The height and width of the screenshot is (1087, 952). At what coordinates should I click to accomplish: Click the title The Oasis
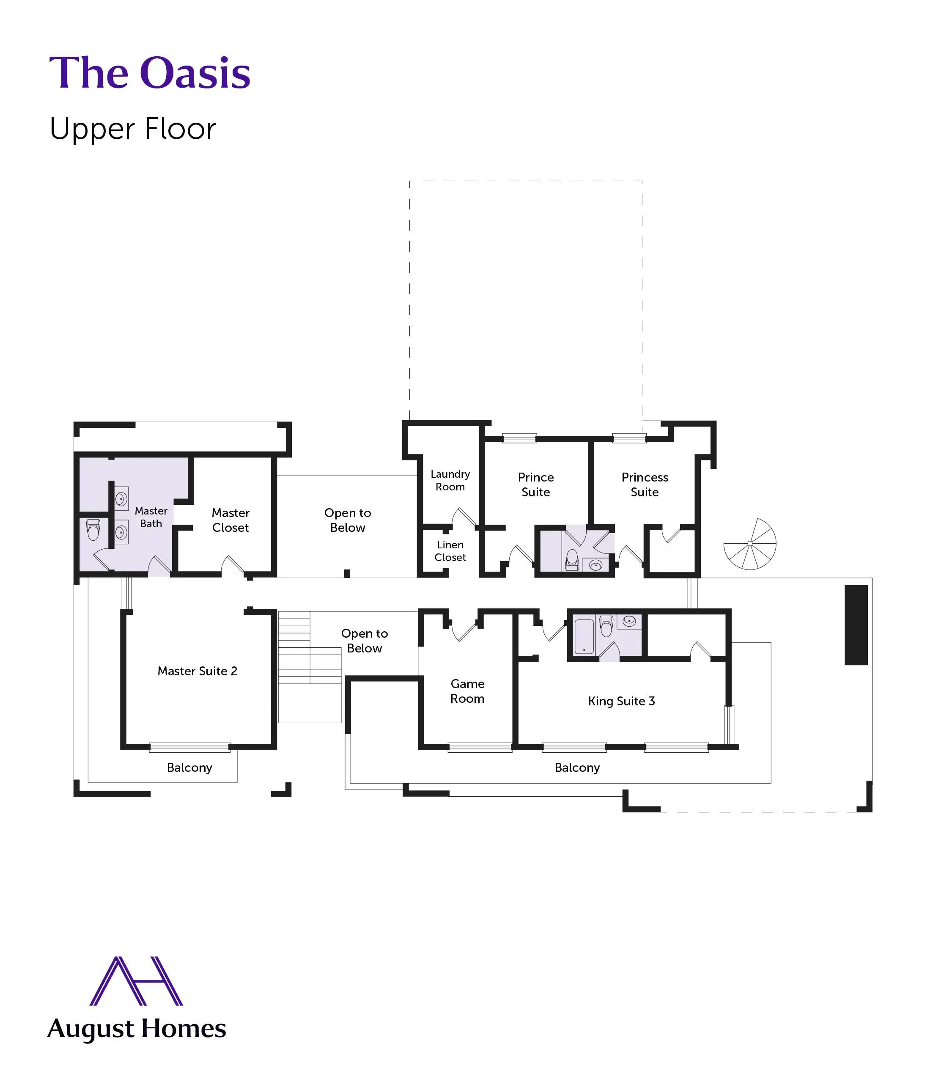click(x=149, y=73)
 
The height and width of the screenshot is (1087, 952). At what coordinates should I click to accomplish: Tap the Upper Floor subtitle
click(x=133, y=129)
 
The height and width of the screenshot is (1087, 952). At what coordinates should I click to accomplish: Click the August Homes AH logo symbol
click(x=137, y=981)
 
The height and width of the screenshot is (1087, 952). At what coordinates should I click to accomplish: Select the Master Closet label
click(x=230, y=520)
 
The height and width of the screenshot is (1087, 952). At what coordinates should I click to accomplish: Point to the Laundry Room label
click(x=450, y=481)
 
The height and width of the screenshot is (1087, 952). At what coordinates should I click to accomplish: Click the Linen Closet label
click(x=450, y=551)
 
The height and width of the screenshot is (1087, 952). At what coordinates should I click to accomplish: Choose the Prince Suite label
click(x=535, y=485)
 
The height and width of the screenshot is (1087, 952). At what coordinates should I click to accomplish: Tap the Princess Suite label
click(x=645, y=485)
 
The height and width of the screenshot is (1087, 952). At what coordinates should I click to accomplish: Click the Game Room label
click(x=467, y=691)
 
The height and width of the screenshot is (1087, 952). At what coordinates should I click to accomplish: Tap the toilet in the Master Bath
click(x=93, y=529)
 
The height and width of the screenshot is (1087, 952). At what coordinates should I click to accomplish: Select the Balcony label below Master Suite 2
click(x=189, y=768)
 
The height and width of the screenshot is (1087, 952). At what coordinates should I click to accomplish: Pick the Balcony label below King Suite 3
click(x=577, y=768)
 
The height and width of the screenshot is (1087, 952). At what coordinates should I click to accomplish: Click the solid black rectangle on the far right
click(x=856, y=625)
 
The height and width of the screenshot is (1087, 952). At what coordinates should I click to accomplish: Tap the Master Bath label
click(x=151, y=517)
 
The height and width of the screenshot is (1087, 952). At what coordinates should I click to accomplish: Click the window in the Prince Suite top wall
click(x=520, y=438)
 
